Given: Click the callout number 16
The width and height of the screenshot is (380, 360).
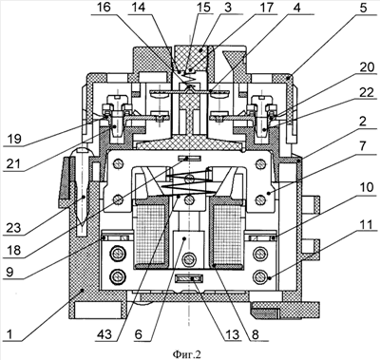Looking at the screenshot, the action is coord(103,7).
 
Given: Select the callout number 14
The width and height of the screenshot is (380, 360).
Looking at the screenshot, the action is coord(138,7).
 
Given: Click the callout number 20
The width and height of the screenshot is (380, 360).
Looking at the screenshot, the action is coord(368,67).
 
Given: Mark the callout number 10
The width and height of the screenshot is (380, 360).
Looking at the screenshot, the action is coord(367,187).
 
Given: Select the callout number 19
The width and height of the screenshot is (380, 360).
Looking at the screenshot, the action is coord(13,139).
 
